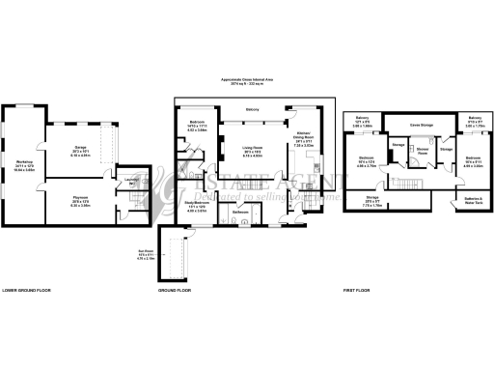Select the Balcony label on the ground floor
tap(252, 111)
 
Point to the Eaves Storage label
tap(421, 125)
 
